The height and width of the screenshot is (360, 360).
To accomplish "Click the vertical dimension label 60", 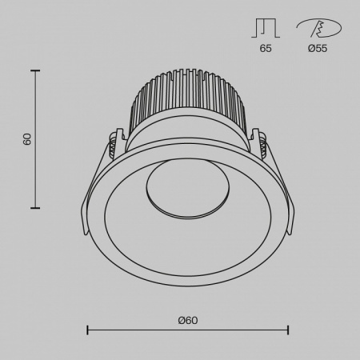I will coord(27,139).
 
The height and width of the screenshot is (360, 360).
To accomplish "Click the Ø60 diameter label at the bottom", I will coord(188,320).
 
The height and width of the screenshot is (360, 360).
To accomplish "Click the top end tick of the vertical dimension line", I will coord(35,70).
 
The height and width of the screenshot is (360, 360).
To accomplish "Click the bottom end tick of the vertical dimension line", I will coord(35,208).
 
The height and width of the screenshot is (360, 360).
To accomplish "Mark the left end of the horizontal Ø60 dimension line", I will coord(86,330).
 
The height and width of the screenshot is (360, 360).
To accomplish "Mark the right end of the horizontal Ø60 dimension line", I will coord(288,330).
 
